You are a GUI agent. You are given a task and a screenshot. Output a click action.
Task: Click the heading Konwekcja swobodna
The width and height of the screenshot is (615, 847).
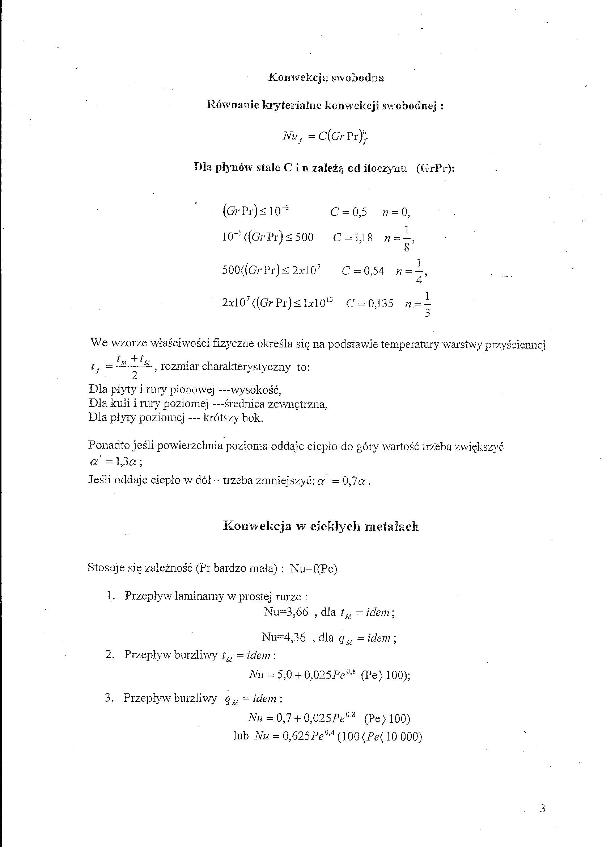tap(326, 78)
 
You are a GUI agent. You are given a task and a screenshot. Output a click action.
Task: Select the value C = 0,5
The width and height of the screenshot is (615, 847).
tap(349, 212)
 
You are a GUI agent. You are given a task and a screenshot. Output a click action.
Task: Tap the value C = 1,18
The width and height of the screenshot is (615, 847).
tap(353, 237)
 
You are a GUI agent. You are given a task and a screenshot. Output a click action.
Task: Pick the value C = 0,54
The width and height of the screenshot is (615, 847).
tap(363, 270)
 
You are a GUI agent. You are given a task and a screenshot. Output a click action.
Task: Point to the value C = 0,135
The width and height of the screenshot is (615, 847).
tap(370, 303)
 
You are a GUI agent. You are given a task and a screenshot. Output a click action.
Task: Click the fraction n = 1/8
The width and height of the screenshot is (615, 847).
tap(399, 238)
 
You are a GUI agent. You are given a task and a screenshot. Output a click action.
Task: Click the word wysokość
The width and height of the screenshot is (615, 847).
tap(255, 391)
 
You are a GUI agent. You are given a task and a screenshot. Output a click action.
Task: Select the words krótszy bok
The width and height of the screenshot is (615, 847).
tap(233, 418)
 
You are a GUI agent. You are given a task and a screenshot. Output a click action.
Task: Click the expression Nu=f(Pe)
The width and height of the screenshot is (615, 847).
tap(314, 568)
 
